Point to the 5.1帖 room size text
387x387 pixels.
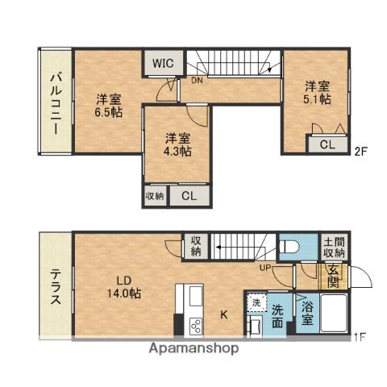point(317,101)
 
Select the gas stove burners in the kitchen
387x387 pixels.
point(196,326)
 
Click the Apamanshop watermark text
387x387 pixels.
point(193,349)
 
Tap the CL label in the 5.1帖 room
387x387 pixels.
point(327,145)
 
